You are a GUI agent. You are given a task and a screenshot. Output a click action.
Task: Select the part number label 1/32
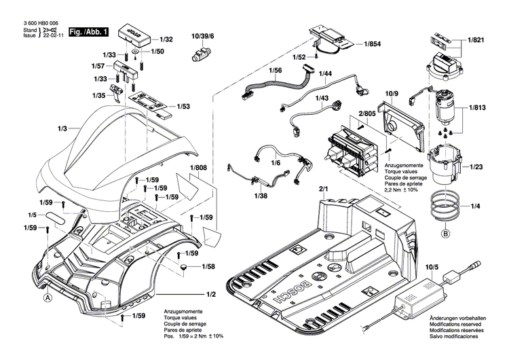pyautogui.click(x=166, y=40)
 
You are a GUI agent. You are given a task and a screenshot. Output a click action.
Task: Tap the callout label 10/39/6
pyautogui.click(x=203, y=35)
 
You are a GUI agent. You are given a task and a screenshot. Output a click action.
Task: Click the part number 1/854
pyautogui.click(x=373, y=44)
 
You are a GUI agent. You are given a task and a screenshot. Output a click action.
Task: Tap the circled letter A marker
pyautogui.click(x=48, y=297)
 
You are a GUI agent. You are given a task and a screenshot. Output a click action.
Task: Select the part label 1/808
pyautogui.click(x=198, y=168)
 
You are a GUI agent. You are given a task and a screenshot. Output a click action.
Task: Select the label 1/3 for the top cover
pyautogui.click(x=63, y=128)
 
